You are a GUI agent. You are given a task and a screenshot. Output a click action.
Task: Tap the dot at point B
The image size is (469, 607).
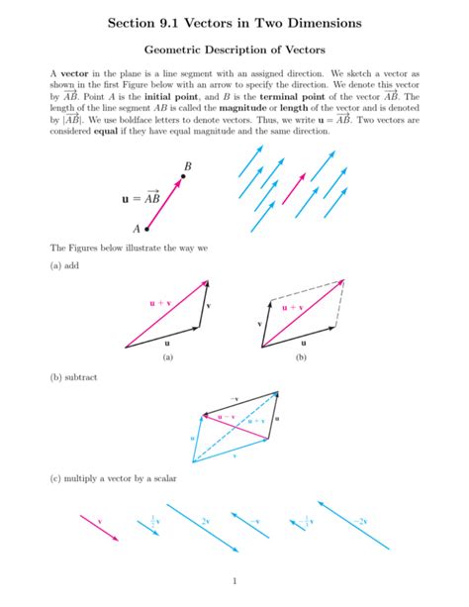click(181, 177)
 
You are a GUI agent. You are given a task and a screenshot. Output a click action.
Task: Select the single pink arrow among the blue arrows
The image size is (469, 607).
click(296, 188)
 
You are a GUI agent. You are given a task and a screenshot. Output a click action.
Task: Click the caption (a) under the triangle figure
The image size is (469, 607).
click(167, 358)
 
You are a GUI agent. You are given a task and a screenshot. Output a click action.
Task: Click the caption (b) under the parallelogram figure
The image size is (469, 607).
click(301, 358)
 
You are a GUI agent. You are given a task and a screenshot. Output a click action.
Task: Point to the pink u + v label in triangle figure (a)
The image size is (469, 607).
click(159, 303)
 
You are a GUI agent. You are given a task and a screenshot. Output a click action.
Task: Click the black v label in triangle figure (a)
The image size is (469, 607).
click(208, 306)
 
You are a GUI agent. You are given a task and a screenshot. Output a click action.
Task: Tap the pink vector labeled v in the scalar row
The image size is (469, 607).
click(99, 527)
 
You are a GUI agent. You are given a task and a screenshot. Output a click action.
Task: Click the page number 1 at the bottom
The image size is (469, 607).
click(234, 580)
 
